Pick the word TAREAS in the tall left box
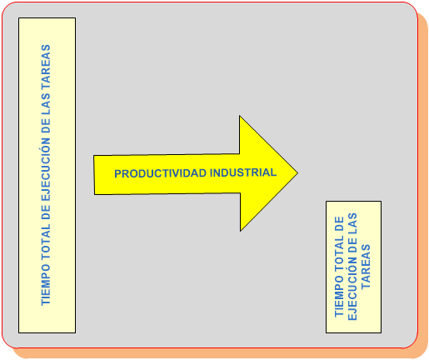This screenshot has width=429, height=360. click(46, 67)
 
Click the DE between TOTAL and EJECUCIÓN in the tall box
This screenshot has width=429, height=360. click(46, 212)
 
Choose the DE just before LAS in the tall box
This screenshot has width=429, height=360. click(46, 126)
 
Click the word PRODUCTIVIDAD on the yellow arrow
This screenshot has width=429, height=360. click(160, 173)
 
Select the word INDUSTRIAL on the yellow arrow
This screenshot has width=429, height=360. click(243, 172)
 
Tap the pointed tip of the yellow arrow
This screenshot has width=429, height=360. click(297, 173)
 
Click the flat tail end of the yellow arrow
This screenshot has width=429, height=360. click(94, 175)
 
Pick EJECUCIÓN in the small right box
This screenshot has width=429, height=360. click(352, 289)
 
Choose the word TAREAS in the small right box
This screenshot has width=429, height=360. click(366, 267)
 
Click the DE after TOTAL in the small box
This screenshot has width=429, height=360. click(339, 223)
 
